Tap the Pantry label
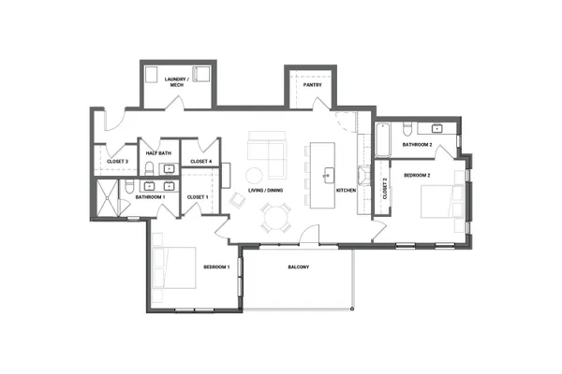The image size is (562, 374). click(x=313, y=85)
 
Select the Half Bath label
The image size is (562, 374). click(x=158, y=153)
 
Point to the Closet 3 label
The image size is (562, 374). click(x=117, y=162)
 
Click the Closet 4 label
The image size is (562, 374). click(x=200, y=162)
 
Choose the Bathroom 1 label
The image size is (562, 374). click(x=150, y=197)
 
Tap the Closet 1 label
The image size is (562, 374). click(x=197, y=197)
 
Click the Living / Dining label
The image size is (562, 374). click(x=266, y=191)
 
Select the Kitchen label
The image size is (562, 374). click(x=347, y=191)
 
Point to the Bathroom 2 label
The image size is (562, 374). click(x=417, y=145)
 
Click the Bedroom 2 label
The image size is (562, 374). click(x=417, y=175)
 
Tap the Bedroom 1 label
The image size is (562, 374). click(x=216, y=268)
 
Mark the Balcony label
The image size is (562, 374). click(x=299, y=268)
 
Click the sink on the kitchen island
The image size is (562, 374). click(x=328, y=173)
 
